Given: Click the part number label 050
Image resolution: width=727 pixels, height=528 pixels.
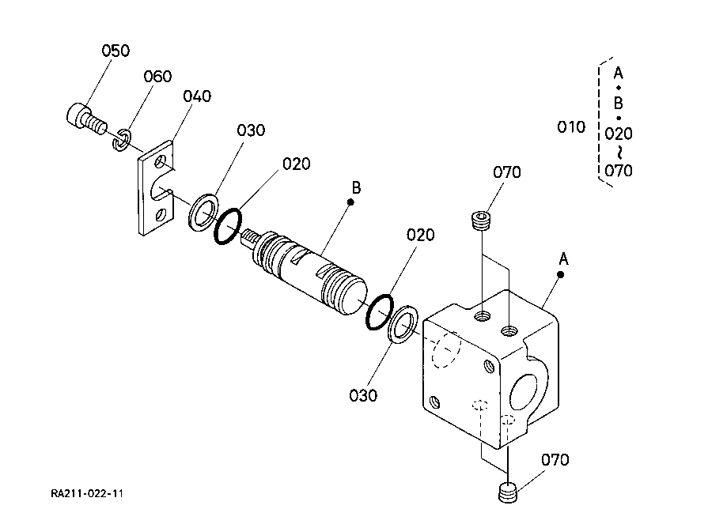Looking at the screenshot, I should click(x=115, y=51).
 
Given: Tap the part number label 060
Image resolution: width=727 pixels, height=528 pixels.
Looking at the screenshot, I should click(x=157, y=77).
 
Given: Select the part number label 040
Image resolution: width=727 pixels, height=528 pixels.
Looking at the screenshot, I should click(x=197, y=96).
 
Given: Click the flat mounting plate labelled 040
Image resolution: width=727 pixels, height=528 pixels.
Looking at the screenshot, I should click(x=156, y=190).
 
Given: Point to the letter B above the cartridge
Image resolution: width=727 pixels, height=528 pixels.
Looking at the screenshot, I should click(x=356, y=187).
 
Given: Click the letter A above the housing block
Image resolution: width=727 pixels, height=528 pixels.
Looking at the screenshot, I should click(x=564, y=258).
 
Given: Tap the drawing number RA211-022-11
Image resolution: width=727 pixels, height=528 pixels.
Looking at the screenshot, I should click(x=87, y=494).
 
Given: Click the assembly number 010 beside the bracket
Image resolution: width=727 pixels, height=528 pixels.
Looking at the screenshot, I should click(x=571, y=127).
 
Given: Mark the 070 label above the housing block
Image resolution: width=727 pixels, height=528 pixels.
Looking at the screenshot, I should click(x=507, y=172).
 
